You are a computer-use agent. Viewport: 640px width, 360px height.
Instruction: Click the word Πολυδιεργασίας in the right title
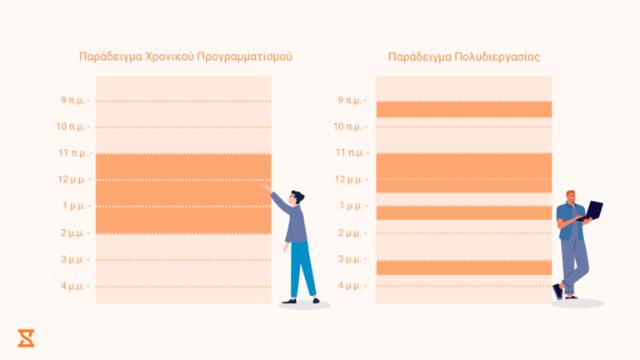497,57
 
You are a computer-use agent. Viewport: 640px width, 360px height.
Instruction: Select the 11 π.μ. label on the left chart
72,153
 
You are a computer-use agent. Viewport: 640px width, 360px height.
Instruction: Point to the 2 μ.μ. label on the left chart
73,232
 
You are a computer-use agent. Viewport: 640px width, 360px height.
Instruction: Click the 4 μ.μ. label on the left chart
73,286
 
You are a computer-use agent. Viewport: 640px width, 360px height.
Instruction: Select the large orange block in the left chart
183,193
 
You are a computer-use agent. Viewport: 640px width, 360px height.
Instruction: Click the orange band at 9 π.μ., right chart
463,109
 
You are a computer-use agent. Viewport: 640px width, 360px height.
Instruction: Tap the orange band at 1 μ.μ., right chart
463,212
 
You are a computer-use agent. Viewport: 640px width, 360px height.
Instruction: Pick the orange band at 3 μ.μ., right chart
463,267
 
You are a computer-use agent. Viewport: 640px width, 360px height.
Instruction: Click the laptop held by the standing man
594,210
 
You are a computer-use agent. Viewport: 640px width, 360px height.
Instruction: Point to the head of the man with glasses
297,198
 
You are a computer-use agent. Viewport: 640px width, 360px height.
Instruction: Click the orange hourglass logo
27,337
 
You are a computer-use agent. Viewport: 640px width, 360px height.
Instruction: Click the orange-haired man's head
570,197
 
